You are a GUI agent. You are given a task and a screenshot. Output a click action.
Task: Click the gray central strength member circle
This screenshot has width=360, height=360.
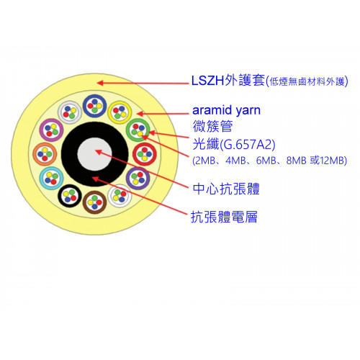coord(94,154)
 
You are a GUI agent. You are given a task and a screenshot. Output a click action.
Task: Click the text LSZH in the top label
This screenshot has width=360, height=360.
coord(208,81)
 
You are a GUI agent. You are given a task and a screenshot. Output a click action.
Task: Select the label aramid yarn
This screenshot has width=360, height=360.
coord(226,110)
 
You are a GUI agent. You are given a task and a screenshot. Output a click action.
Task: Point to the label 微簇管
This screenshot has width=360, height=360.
coord(212,126)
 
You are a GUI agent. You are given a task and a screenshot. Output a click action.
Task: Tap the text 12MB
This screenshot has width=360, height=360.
coord(333,161)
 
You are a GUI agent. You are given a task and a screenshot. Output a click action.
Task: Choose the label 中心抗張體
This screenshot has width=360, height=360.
coord(226,189)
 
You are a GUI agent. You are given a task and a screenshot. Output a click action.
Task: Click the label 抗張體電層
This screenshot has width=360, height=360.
coord(224,217)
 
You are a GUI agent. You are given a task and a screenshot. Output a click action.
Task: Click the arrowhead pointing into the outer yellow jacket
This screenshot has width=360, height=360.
coord(100,83)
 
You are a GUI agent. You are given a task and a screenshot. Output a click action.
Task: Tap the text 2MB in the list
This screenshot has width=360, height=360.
coord(205,161)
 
